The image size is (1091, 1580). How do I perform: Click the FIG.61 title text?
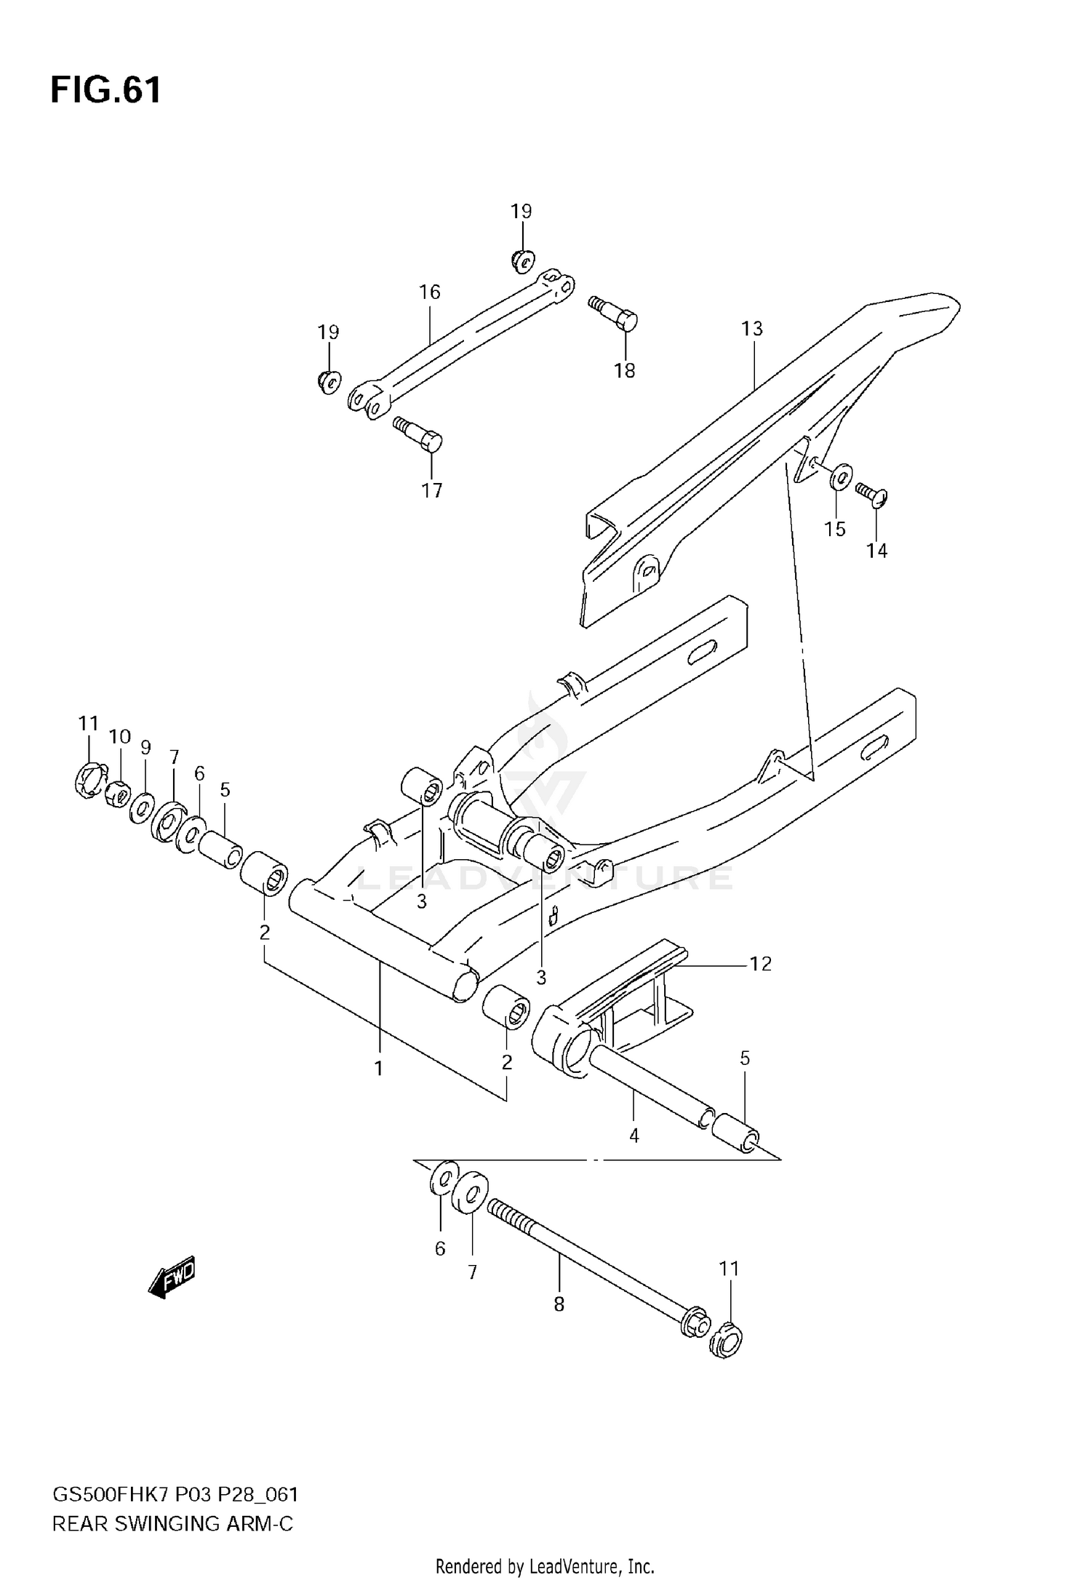tap(106, 91)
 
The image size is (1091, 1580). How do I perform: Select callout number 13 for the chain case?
tap(752, 329)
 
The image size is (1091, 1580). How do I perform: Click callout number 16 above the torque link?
tap(430, 292)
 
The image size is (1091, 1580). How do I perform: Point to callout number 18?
tap(624, 371)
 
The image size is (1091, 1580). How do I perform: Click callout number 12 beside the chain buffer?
tap(760, 964)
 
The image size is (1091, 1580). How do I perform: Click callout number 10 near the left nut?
tap(120, 737)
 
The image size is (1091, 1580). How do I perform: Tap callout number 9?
tap(145, 747)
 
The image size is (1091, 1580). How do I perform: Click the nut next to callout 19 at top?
tap(522, 258)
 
